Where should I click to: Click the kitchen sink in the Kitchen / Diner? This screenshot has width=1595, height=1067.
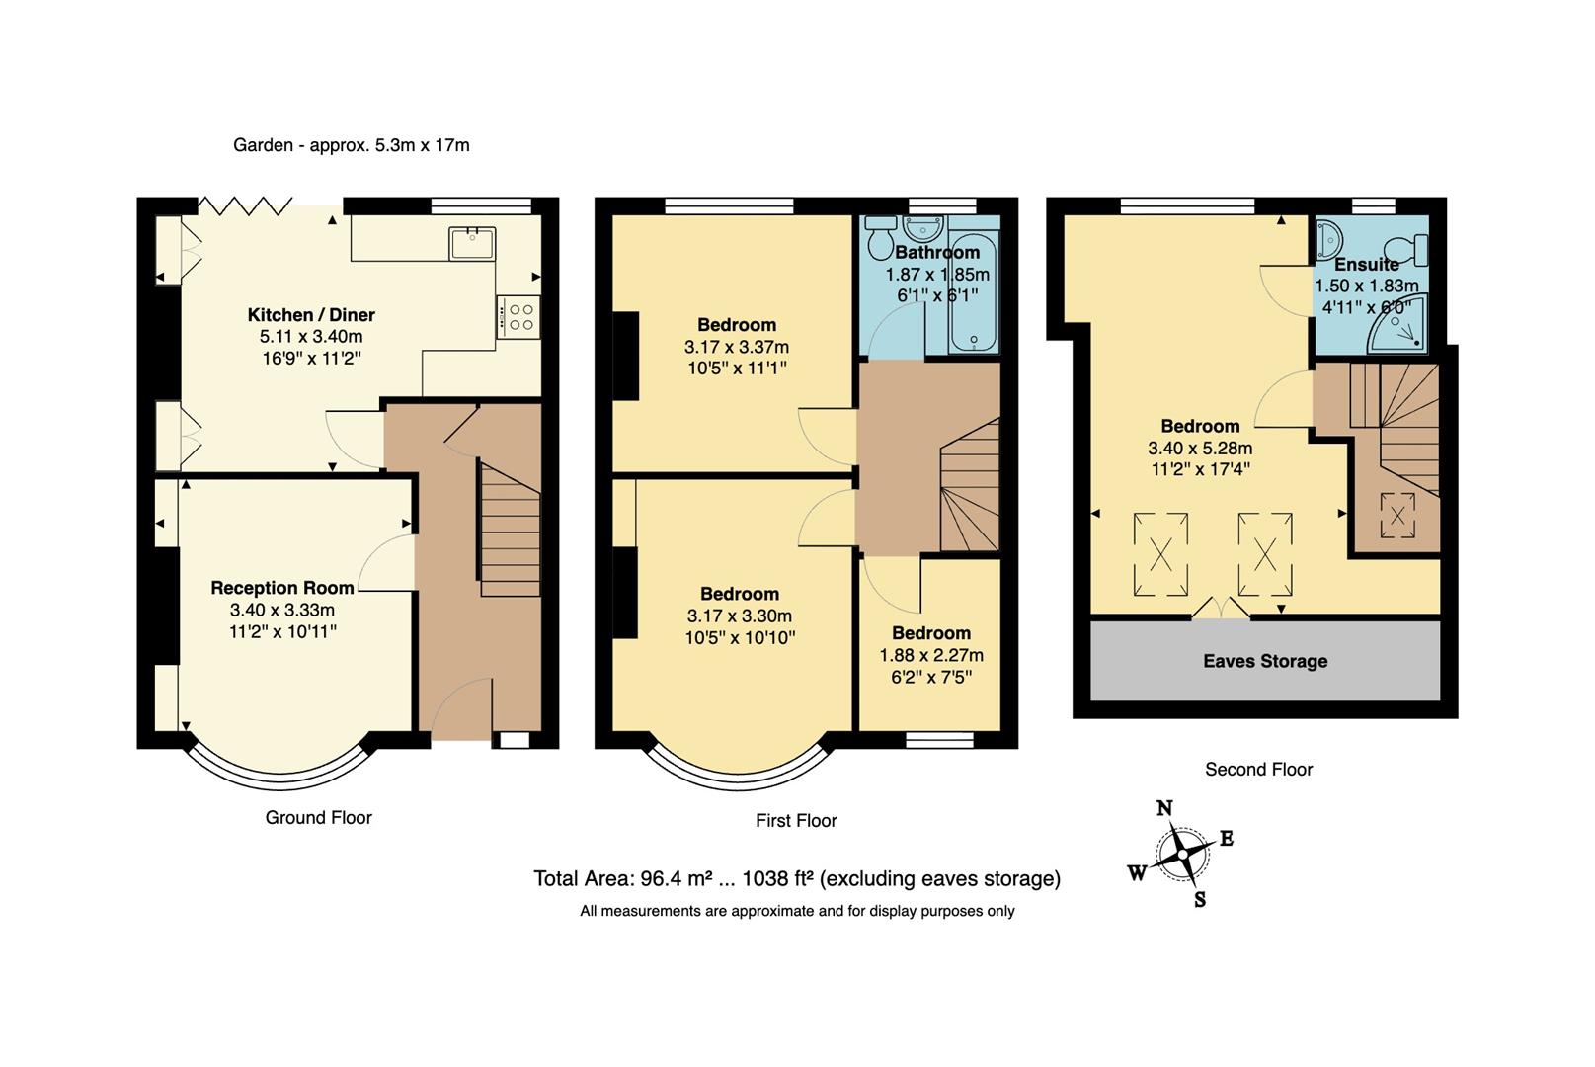pyautogui.click(x=472, y=243)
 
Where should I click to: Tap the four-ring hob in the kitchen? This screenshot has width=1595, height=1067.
pyautogui.click(x=518, y=317)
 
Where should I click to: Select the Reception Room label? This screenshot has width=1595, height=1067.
pyautogui.click(x=282, y=588)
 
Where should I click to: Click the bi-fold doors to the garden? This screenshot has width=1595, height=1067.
pyautogui.click(x=245, y=205)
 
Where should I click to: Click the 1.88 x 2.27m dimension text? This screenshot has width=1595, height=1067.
pyautogui.click(x=930, y=655)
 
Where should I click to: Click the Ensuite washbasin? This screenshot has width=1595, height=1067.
pyautogui.click(x=1328, y=237)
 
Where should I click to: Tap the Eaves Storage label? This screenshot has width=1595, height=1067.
pyautogui.click(x=1264, y=661)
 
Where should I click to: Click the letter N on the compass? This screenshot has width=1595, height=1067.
pyautogui.click(x=1164, y=809)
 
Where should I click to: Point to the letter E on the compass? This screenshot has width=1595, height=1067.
pyautogui.click(x=1227, y=839)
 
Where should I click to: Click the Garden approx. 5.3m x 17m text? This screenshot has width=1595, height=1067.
pyautogui.click(x=351, y=145)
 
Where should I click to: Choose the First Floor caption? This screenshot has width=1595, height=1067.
pyautogui.click(x=796, y=820)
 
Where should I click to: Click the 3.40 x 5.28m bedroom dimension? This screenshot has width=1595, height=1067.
pyautogui.click(x=1199, y=449)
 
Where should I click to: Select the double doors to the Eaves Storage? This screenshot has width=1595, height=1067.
pyautogui.click(x=1222, y=609)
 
